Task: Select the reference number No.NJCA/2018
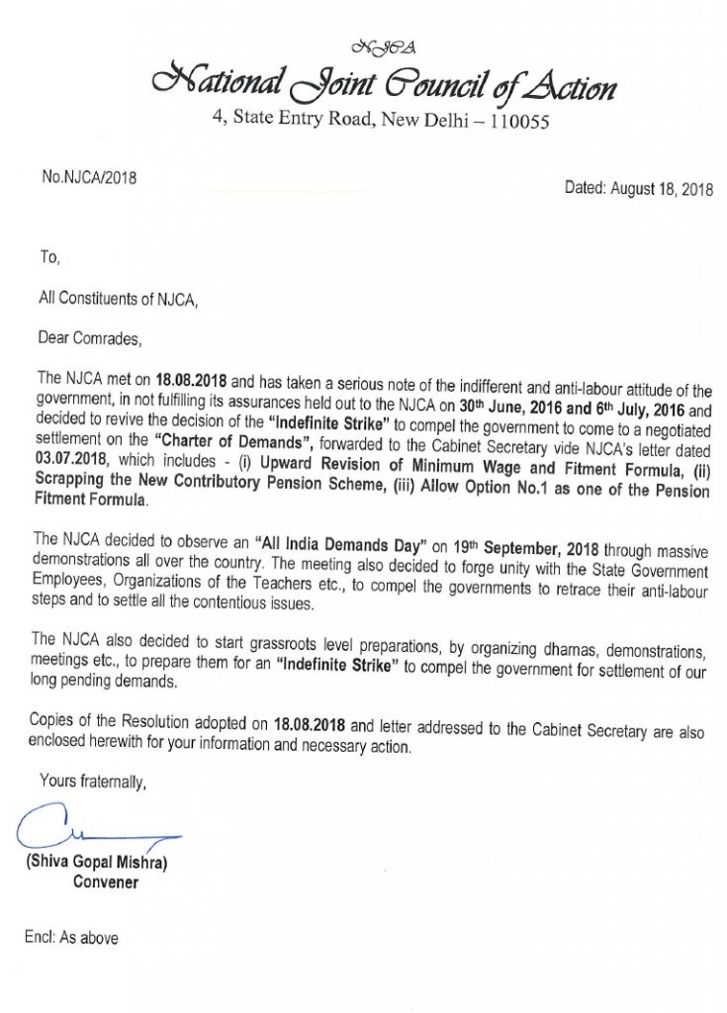pos(89,179)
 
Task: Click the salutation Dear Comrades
pos(90,338)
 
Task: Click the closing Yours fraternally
pos(93,782)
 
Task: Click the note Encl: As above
pos(71,937)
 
